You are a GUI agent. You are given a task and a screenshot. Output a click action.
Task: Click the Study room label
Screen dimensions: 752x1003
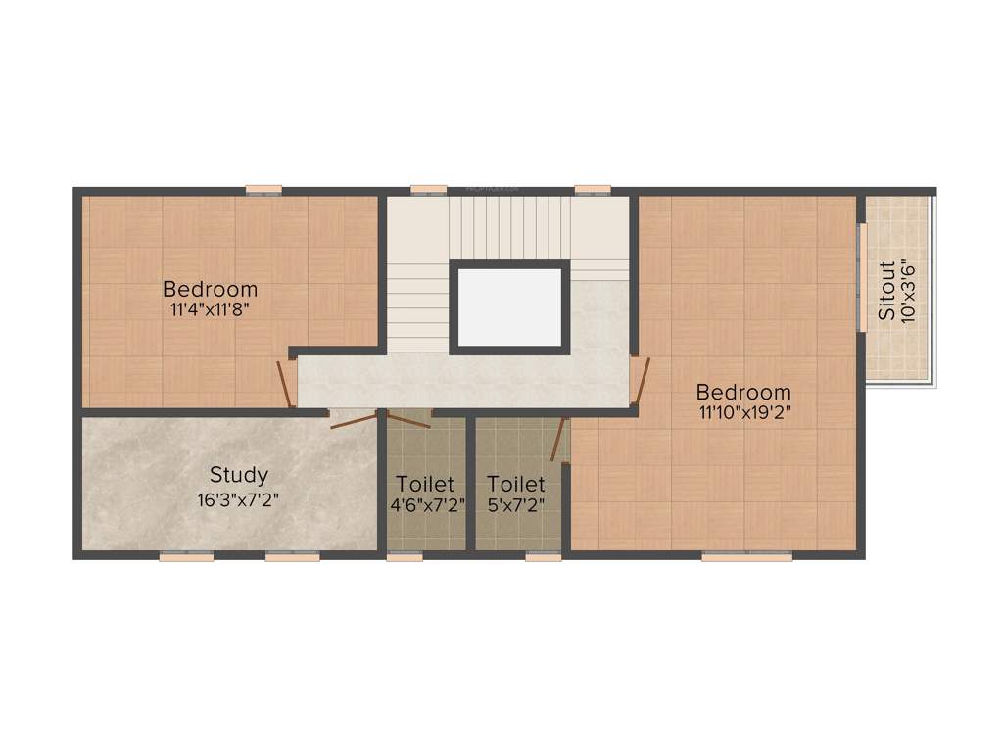pyautogui.click(x=239, y=476)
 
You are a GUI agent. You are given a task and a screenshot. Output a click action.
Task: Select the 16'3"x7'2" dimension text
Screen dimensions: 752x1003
pyautogui.click(x=239, y=498)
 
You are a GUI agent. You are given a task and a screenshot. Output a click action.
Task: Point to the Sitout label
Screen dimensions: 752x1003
pyautogui.click(x=885, y=291)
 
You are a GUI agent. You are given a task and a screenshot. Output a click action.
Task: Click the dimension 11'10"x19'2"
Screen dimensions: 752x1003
pyautogui.click(x=743, y=412)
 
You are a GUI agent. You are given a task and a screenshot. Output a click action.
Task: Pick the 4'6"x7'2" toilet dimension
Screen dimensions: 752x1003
pyautogui.click(x=427, y=505)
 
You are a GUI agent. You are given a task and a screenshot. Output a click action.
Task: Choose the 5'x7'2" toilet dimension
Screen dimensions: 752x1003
pyautogui.click(x=516, y=505)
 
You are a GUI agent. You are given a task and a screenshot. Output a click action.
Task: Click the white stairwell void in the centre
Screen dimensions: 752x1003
pyautogui.click(x=509, y=305)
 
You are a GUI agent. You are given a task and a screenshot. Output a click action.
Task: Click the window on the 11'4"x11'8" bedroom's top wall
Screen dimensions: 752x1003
pyautogui.click(x=263, y=189)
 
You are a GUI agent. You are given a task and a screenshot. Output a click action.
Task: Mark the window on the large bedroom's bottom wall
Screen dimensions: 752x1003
pyautogui.click(x=746, y=556)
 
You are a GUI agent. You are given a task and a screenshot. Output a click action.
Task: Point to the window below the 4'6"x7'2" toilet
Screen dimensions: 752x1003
pyautogui.click(x=405, y=556)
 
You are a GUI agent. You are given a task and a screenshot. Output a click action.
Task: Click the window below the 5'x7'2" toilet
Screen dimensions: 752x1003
pyautogui.click(x=543, y=556)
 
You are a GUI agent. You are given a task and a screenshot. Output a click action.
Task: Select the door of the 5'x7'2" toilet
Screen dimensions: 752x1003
pyautogui.click(x=560, y=440)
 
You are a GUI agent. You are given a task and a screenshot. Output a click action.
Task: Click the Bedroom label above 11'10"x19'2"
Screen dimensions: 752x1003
pyautogui.click(x=743, y=393)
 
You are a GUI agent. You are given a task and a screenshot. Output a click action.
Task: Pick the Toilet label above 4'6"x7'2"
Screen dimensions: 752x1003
pyautogui.click(x=425, y=484)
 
